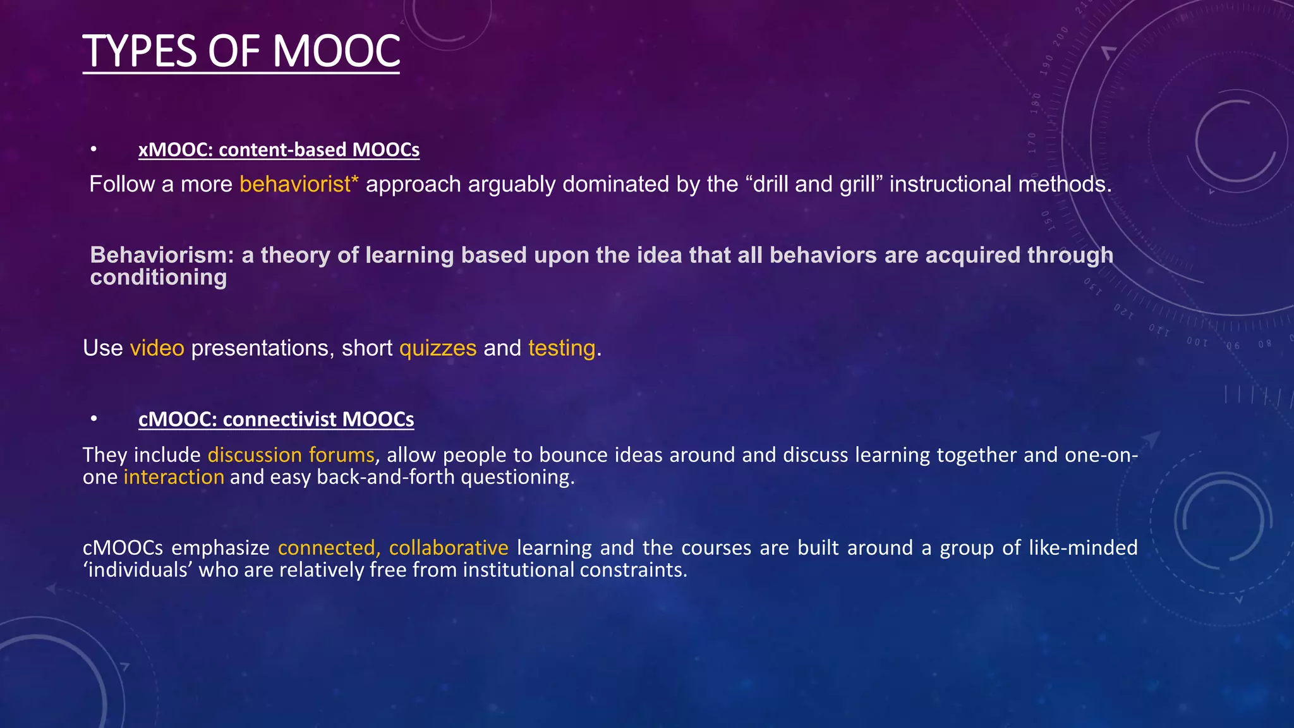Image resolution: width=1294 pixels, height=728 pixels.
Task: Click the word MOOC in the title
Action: click(336, 51)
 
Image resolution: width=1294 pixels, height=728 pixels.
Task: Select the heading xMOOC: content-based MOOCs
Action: click(279, 150)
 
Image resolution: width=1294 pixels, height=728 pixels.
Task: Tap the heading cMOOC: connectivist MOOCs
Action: click(276, 420)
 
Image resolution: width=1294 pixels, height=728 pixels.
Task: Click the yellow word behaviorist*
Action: click(299, 185)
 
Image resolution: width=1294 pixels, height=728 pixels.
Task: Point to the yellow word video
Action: click(157, 348)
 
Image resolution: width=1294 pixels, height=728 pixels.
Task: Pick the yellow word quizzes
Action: click(438, 348)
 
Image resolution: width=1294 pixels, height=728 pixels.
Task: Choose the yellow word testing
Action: click(562, 348)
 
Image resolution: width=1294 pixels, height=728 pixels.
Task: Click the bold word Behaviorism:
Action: click(162, 255)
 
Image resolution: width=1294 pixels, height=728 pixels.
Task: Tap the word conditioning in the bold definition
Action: click(159, 277)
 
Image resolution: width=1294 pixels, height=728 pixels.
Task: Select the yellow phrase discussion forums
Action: click(291, 455)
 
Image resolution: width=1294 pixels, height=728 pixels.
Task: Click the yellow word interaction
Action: click(174, 477)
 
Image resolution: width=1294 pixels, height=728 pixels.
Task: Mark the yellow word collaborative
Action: click(449, 548)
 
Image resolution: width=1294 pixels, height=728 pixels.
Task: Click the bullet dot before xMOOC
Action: click(94, 150)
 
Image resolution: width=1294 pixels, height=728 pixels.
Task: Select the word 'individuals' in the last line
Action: click(137, 570)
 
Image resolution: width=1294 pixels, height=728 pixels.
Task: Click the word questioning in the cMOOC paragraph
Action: click(517, 477)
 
